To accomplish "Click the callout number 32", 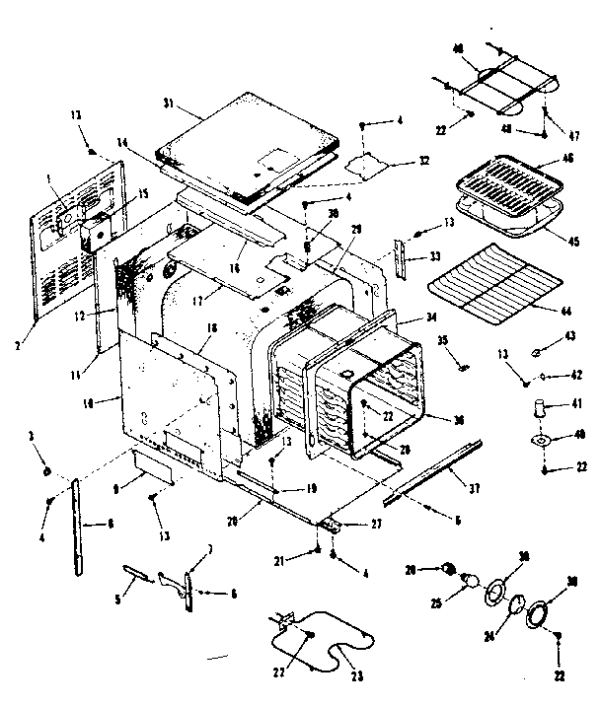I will click(x=396, y=161).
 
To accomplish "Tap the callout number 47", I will click(x=572, y=135).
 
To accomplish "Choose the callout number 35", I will click(x=441, y=339).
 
